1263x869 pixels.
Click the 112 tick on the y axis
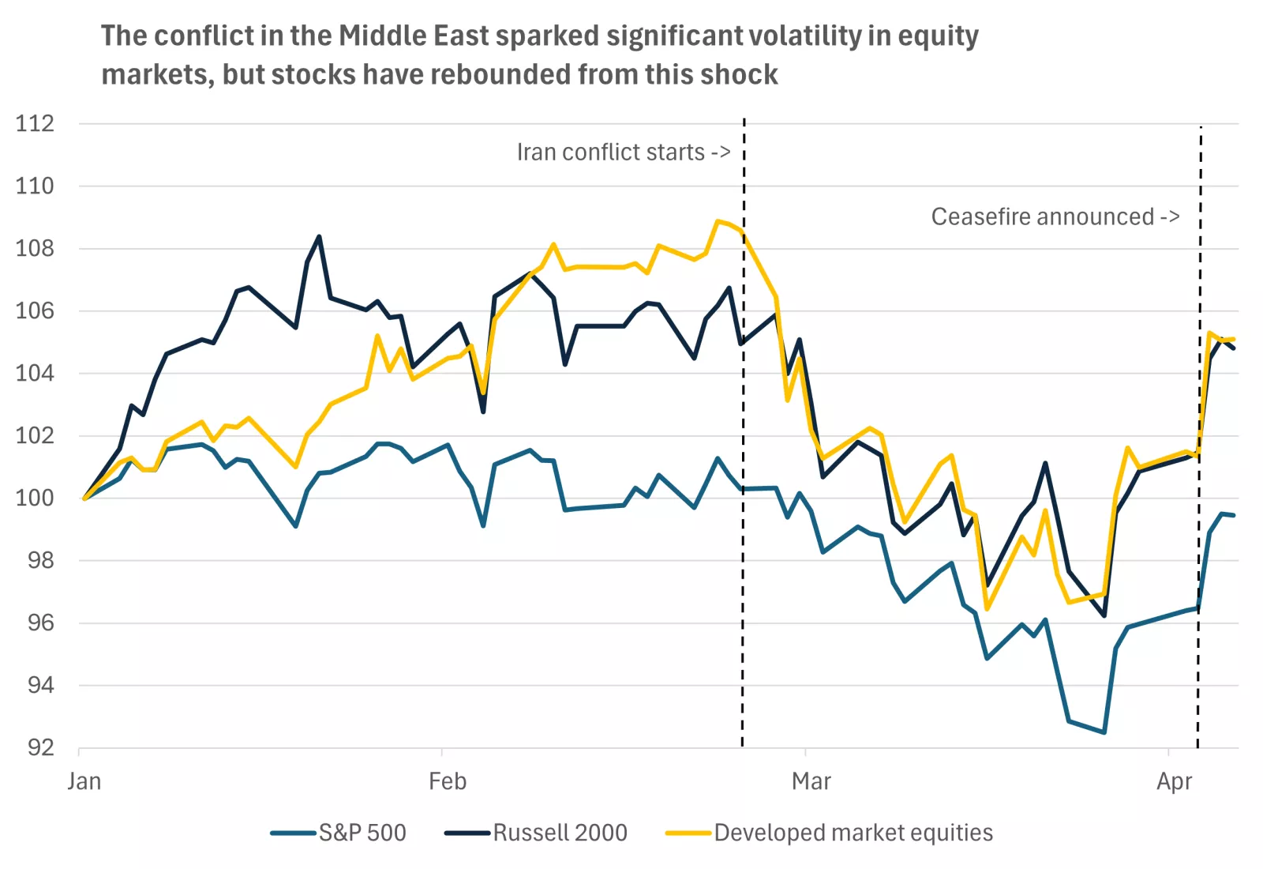pyautogui.click(x=35, y=123)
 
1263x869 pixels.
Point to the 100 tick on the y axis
pyautogui.click(x=35, y=498)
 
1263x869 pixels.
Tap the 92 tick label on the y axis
pyautogui.click(x=40, y=747)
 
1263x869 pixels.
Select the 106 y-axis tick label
pyautogui.click(x=35, y=310)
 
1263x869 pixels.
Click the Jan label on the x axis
pyautogui.click(x=84, y=781)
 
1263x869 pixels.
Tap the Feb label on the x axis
pyautogui.click(x=448, y=781)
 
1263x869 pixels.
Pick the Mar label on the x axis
pyautogui.click(x=811, y=781)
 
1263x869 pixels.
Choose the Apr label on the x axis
pyautogui.click(x=1174, y=781)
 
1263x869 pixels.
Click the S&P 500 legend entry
pyautogui.click(x=362, y=833)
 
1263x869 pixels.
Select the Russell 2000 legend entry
pyautogui.click(x=560, y=833)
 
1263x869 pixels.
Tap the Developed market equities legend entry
pyautogui.click(x=853, y=833)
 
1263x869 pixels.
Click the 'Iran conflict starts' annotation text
pyautogui.click(x=623, y=152)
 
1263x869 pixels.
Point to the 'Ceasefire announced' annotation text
pyautogui.click(x=1055, y=216)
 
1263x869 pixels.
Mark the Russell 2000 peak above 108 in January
pyautogui.click(x=319, y=236)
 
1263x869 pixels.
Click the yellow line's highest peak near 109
pyautogui.click(x=718, y=221)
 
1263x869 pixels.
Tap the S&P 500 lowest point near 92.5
pyautogui.click(x=1104, y=732)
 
